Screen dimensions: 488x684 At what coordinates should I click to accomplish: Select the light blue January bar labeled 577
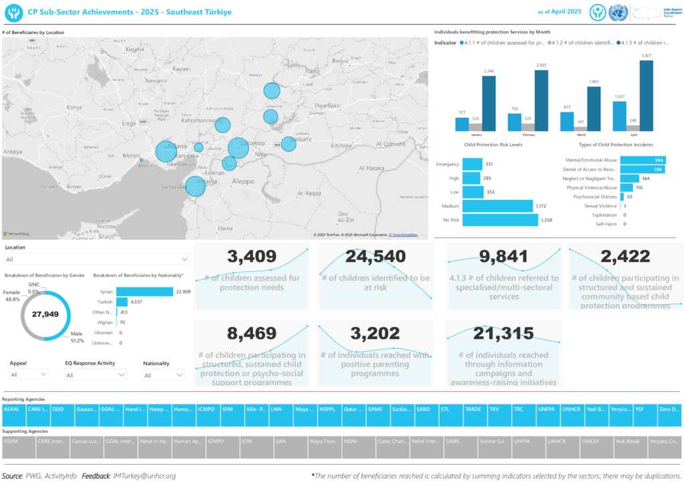pos(462,124)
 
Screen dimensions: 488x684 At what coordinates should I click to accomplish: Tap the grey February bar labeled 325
pos(528,127)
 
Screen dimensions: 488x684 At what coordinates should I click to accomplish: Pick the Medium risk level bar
pos(498,206)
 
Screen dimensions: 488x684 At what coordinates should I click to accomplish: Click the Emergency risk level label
pos(447,164)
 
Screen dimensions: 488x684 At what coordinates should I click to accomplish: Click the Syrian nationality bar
pos(144,291)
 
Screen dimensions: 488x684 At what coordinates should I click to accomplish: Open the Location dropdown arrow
pos(184,259)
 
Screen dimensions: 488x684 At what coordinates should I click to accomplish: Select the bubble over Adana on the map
pos(166,151)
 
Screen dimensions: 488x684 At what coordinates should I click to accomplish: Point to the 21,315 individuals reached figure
pos(504,333)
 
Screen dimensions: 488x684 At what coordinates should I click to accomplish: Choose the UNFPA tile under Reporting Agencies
pos(547,408)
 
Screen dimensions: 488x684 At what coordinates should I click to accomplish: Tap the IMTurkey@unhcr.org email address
pos(145,476)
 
